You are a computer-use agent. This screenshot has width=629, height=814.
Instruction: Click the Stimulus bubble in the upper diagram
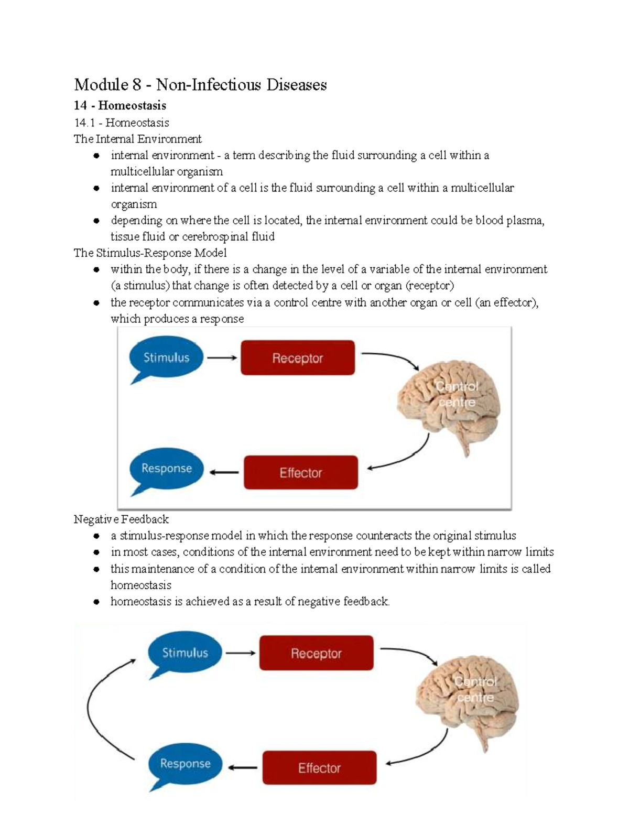click(166, 358)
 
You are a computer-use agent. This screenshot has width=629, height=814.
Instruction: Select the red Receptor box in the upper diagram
click(298, 358)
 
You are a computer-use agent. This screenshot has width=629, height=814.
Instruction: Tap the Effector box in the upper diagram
click(301, 473)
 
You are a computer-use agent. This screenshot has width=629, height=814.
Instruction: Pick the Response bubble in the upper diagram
click(167, 468)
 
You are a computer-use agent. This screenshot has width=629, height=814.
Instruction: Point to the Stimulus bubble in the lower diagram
click(185, 653)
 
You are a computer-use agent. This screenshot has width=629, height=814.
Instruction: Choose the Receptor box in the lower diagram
click(316, 653)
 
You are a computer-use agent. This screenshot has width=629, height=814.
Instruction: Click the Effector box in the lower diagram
click(319, 768)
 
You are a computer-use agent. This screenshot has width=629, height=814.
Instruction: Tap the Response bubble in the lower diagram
click(185, 764)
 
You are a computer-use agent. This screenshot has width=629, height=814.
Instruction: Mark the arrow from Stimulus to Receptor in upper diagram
click(222, 359)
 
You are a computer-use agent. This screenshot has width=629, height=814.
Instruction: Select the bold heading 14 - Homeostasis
click(120, 105)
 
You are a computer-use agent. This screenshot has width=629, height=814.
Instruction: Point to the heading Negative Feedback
click(121, 519)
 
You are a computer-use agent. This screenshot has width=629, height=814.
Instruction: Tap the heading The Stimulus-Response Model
click(150, 253)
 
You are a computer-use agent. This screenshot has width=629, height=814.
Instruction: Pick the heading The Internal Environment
click(137, 139)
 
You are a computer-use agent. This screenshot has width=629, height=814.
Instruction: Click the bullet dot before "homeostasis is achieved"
click(96, 602)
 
